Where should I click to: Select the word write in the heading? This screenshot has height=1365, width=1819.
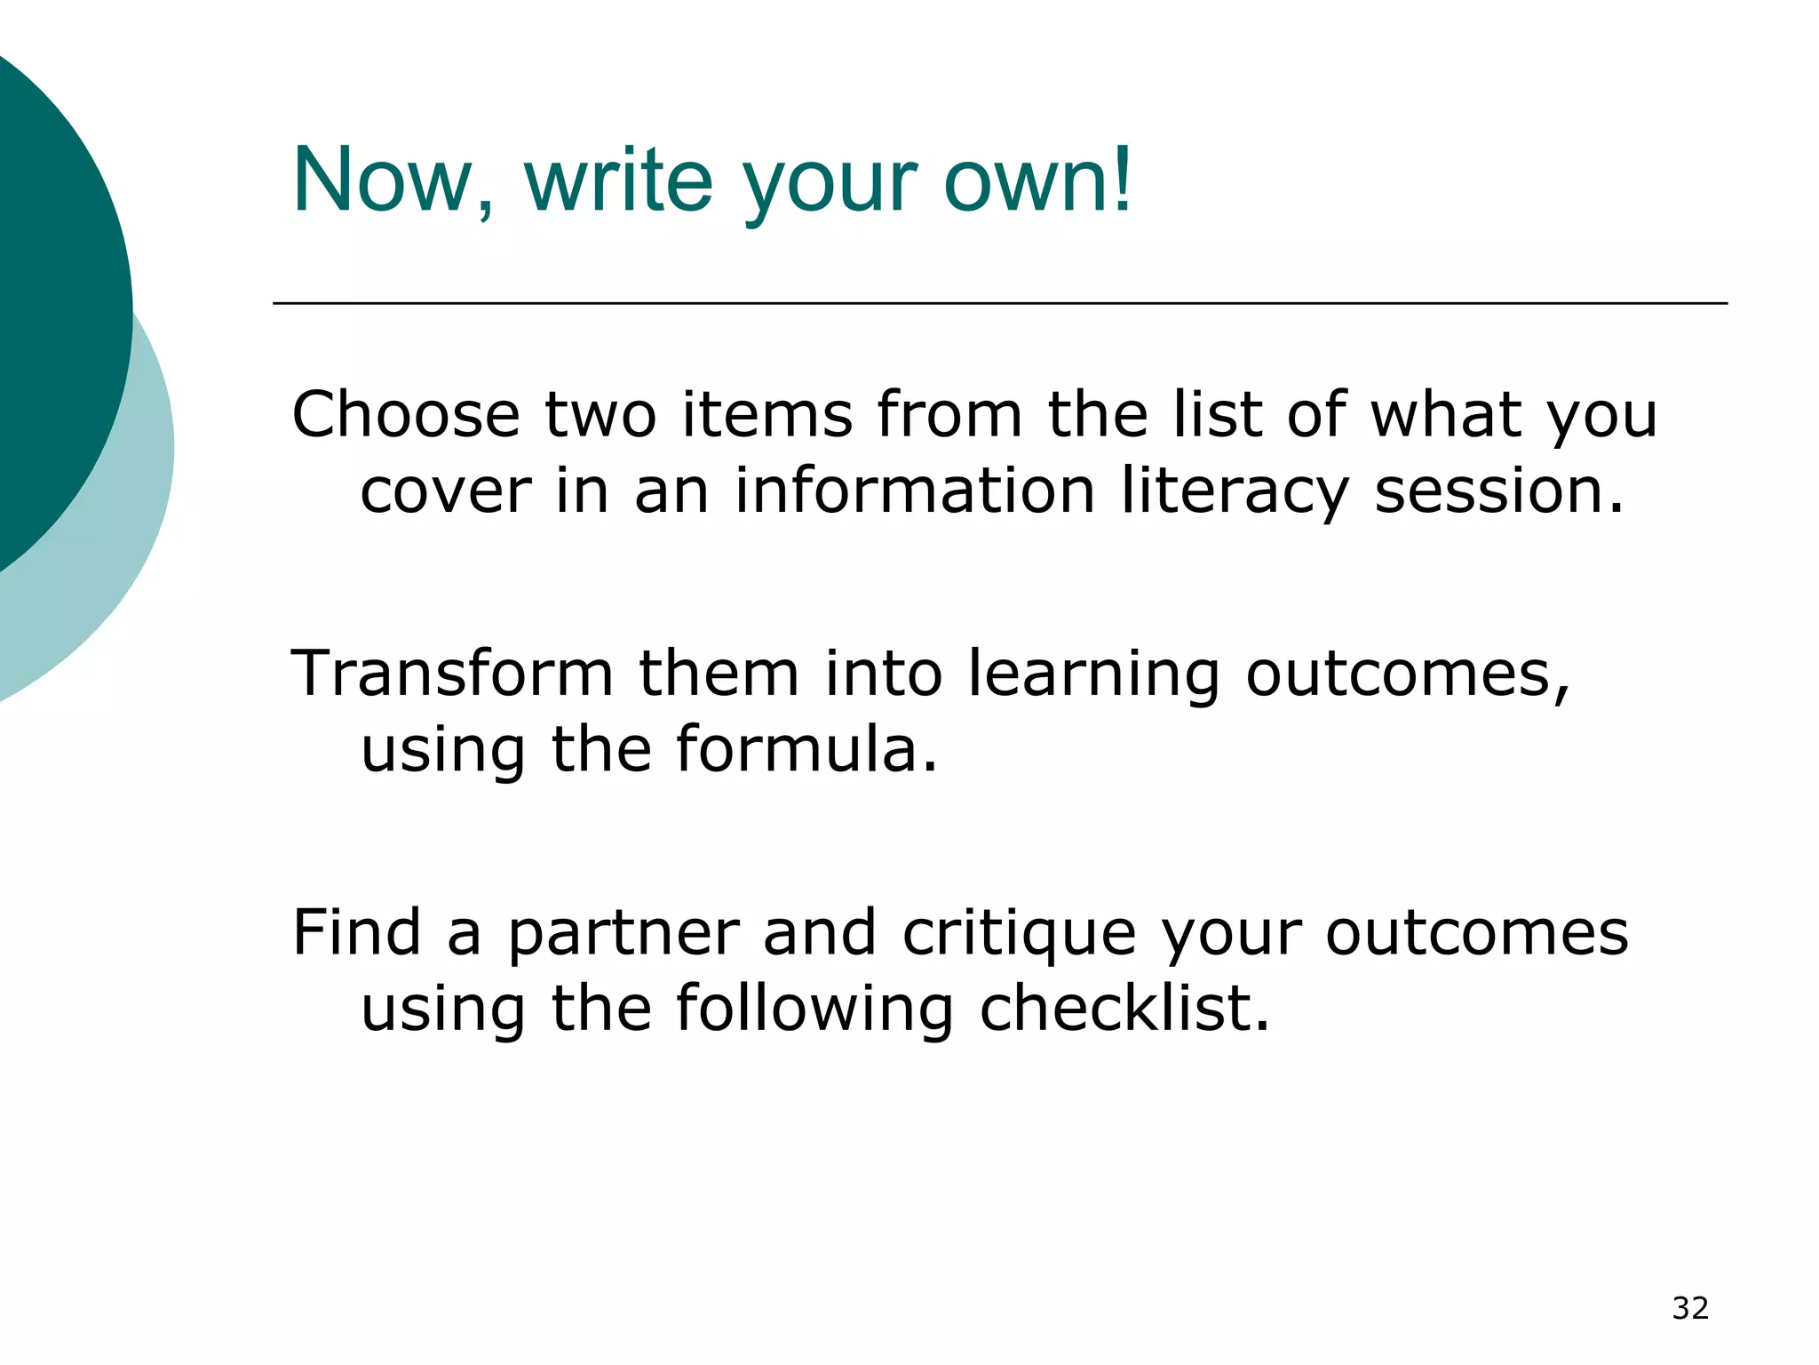point(619,180)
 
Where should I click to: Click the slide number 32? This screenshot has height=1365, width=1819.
point(1690,1308)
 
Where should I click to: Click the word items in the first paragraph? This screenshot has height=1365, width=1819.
point(767,415)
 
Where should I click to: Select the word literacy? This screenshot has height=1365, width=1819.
point(1235,491)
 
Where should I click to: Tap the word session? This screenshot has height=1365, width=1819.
point(1498,491)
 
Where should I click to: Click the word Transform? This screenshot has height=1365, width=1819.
point(452,673)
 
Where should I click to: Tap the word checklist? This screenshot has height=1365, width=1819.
point(1124,1009)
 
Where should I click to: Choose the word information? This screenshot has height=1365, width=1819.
point(915,491)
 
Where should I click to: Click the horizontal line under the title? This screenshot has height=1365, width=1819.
point(999,304)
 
